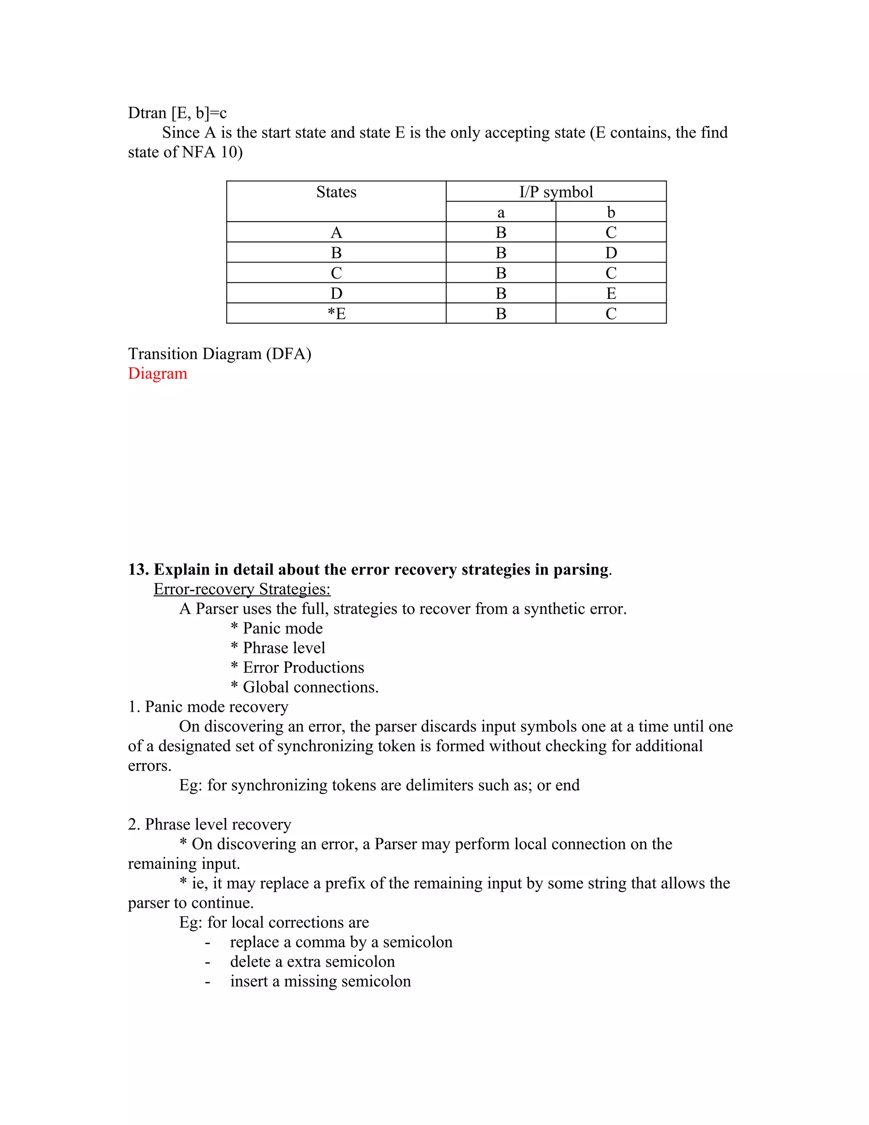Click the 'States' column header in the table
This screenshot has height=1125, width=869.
[x=336, y=192]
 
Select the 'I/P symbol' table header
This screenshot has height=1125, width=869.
[x=555, y=192]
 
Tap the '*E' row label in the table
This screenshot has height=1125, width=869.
[x=336, y=314]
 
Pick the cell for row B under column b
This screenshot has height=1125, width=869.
[x=611, y=253]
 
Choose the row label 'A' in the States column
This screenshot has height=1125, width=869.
[x=336, y=233]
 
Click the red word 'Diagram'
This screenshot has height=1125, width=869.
[x=157, y=374]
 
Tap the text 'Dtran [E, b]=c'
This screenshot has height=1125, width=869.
[x=177, y=113]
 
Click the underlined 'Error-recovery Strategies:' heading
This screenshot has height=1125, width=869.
[x=242, y=589]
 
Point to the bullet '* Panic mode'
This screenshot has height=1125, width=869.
[x=277, y=628]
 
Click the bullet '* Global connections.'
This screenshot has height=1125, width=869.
[x=305, y=687]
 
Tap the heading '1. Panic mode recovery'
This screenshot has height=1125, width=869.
[x=208, y=707]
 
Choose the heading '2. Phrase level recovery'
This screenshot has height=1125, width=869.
[x=210, y=824]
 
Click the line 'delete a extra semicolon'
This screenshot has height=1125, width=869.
[x=312, y=962]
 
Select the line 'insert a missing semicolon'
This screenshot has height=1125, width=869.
[x=320, y=981]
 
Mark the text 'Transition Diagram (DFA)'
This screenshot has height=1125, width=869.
[x=219, y=354]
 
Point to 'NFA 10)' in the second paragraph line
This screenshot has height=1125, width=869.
[x=212, y=152]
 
